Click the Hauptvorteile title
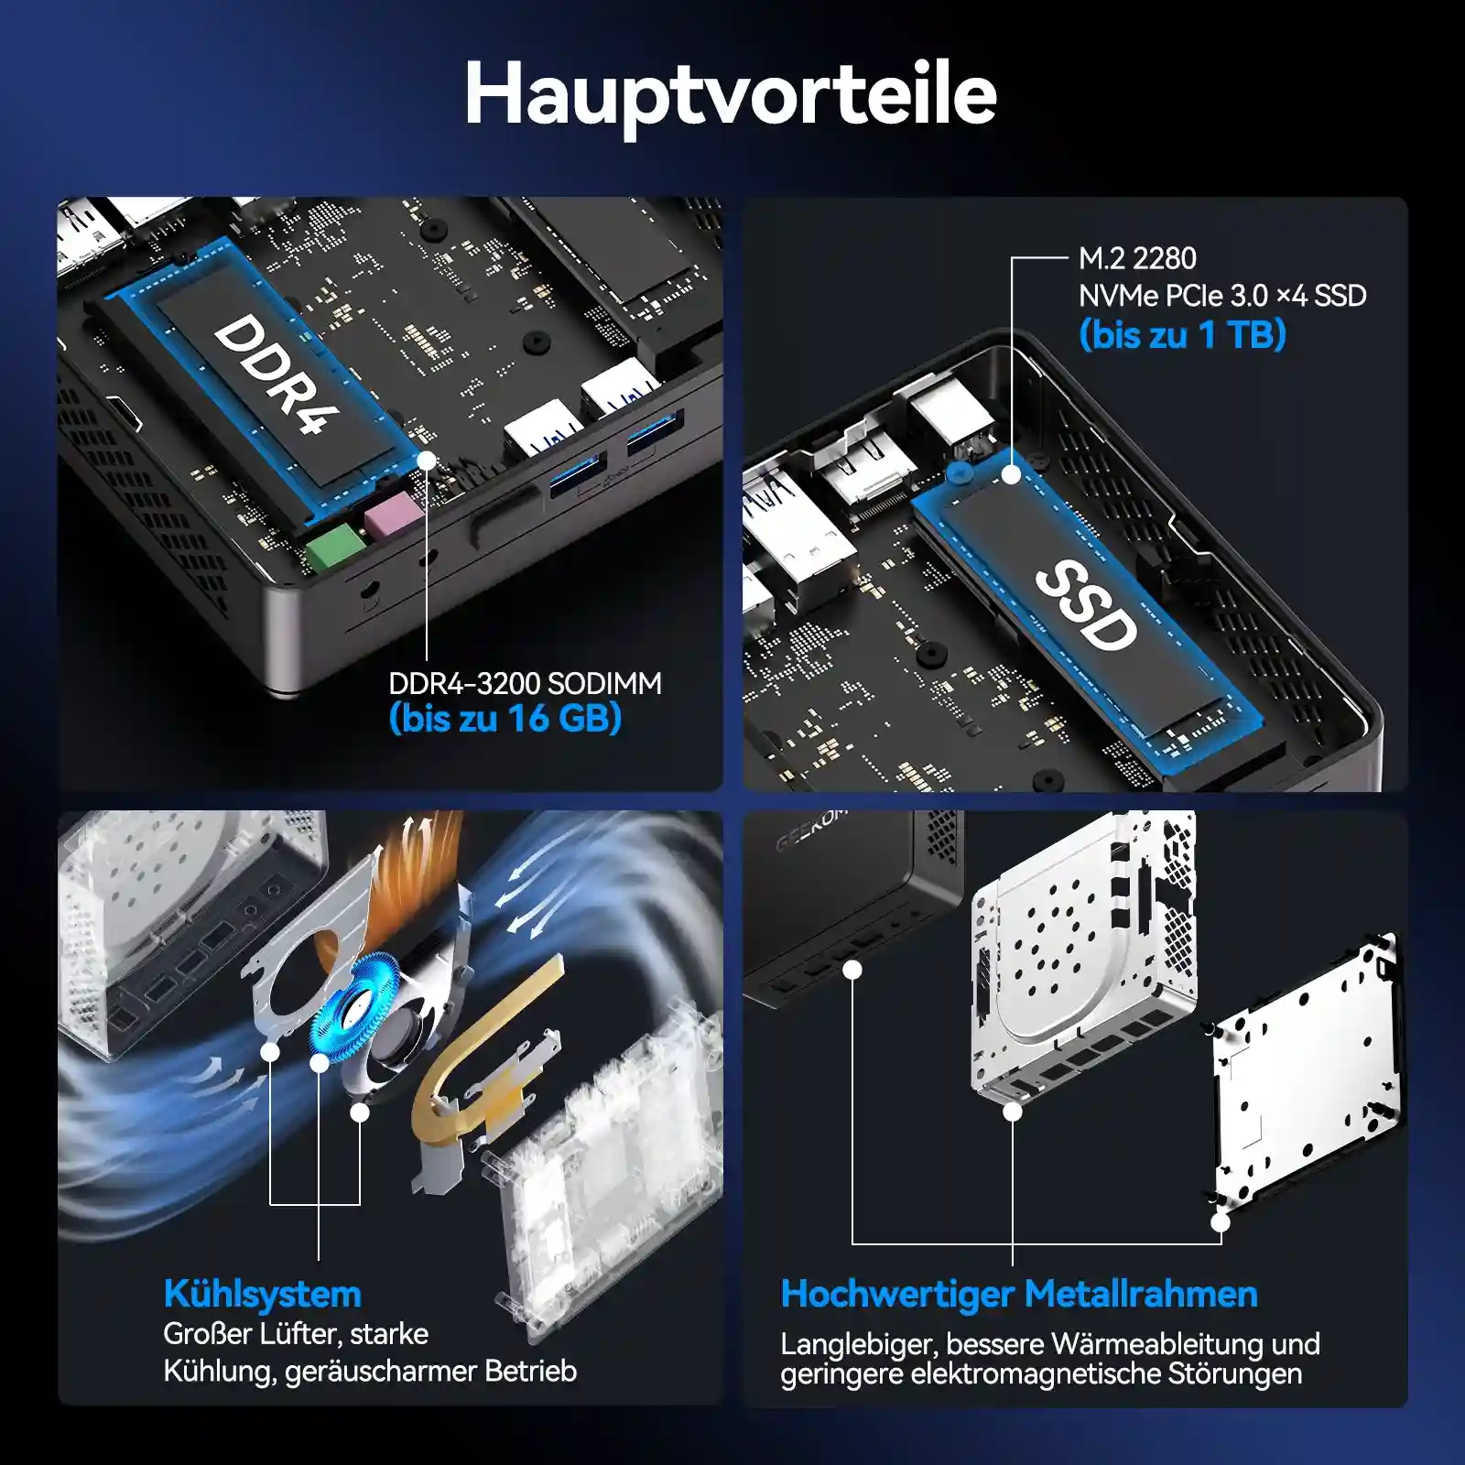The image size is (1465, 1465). pos(731,95)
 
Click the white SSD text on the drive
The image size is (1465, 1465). pos(1087,605)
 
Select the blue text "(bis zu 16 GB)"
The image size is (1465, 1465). pos(505,719)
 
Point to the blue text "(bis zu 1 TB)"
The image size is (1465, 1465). pos(1183,334)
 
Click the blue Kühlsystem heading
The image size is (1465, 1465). pos(263,1294)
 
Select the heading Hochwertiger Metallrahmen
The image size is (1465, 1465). pos(1019,1294)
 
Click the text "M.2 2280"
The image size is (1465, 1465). pos(1137,259)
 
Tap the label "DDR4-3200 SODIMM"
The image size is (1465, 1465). pos(525,683)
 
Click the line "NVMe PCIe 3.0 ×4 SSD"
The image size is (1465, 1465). pos(1222,296)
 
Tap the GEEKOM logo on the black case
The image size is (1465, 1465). pos(811,828)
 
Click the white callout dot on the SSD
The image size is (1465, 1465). pos(1012,475)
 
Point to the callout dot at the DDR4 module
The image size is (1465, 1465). pos(427,460)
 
